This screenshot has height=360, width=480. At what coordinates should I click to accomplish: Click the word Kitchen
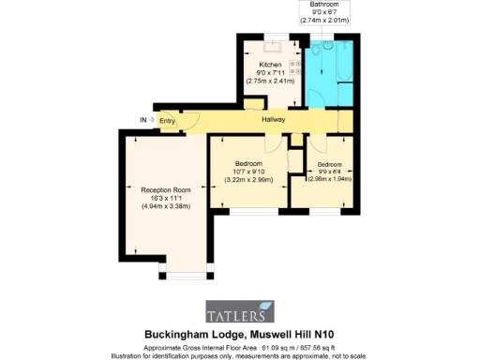270,65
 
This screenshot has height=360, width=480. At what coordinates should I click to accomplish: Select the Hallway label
274,120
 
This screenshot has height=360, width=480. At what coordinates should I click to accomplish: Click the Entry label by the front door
167,120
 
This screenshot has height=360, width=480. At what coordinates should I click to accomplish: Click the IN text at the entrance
143,120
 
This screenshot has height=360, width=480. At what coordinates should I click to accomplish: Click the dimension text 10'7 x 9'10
248,171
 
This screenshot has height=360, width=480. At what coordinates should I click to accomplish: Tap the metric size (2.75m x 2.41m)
270,82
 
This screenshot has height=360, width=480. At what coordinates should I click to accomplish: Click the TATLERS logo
240,311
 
